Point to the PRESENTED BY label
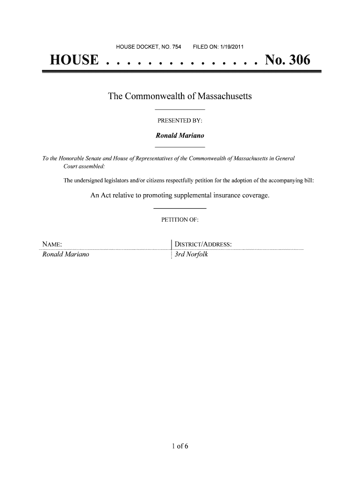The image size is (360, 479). (180, 121)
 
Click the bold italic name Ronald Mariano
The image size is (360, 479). (180, 136)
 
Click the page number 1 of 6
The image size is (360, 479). (180, 445)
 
